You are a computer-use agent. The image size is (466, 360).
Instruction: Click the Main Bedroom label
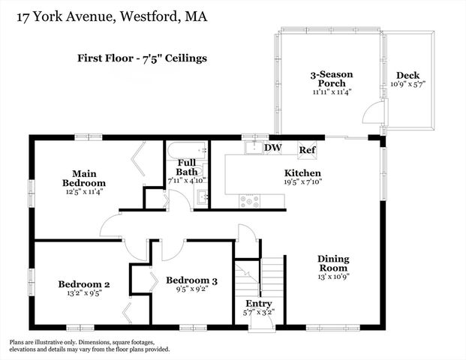(83, 177)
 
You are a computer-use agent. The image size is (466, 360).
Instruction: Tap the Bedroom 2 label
(84, 284)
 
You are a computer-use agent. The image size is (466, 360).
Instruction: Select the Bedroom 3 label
(191, 280)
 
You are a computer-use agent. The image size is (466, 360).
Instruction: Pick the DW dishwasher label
(272, 148)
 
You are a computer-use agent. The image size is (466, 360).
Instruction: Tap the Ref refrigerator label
(307, 148)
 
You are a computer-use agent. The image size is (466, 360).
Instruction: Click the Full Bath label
(187, 167)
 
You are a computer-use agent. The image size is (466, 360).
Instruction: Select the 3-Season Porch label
(332, 79)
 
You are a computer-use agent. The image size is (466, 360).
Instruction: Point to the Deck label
(408, 76)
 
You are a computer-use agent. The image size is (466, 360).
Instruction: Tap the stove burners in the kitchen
(249, 200)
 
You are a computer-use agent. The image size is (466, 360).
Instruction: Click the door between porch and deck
(371, 115)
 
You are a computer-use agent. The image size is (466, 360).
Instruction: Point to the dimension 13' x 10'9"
(332, 277)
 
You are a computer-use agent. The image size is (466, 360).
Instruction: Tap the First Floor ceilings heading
(142, 57)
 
